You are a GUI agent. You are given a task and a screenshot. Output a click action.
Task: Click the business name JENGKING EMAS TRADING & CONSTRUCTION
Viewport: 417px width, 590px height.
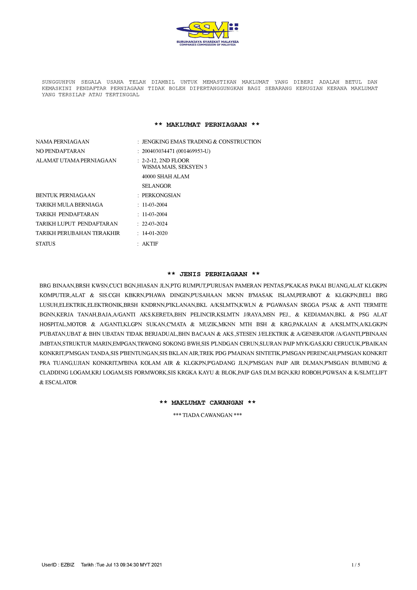pyautogui.click(x=201, y=142)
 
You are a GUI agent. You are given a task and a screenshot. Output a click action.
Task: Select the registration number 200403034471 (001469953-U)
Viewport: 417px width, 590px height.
pyautogui.click(x=176, y=151)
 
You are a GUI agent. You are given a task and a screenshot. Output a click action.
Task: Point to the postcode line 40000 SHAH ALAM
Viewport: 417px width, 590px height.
pyautogui.click(x=166, y=177)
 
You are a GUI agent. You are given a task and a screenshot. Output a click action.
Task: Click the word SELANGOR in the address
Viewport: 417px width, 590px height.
pyautogui.click(x=156, y=186)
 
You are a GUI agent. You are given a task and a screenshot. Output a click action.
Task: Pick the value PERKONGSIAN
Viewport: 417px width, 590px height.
pyautogui.click(x=161, y=195)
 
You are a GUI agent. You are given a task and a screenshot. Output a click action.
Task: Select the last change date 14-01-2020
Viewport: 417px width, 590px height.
pyautogui.click(x=155, y=233)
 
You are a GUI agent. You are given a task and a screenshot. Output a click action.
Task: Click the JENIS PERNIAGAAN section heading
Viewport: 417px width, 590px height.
pyautogui.click(x=213, y=274)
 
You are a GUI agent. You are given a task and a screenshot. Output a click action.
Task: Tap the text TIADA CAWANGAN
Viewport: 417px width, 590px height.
pyautogui.click(x=207, y=415)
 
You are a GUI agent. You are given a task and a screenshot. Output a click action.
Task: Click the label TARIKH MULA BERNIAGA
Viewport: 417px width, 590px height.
pyautogui.click(x=69, y=205)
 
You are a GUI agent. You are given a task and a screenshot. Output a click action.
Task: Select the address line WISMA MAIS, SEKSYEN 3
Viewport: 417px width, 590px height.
pyautogui.click(x=174, y=167)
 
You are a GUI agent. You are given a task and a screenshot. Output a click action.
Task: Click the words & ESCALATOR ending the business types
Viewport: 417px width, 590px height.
pyautogui.click(x=58, y=382)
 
